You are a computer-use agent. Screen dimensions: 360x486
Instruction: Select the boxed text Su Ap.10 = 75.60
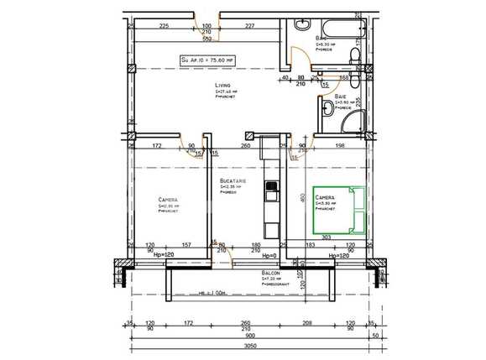click(209, 60)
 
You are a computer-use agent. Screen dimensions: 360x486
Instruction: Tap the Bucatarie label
click(232, 182)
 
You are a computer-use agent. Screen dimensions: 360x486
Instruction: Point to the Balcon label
click(270, 274)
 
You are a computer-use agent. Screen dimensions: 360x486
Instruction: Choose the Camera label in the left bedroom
click(168, 200)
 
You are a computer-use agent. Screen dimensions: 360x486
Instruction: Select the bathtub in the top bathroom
click(338, 26)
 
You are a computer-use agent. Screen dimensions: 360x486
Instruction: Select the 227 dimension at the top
click(249, 26)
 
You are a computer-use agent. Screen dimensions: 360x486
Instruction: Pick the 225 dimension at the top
click(165, 26)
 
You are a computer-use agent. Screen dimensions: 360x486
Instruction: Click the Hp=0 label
click(269, 255)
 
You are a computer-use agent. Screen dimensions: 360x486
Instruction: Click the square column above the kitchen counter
click(248, 135)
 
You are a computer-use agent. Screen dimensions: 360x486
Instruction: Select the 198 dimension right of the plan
click(339, 146)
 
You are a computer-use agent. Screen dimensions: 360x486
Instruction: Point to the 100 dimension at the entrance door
click(207, 26)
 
